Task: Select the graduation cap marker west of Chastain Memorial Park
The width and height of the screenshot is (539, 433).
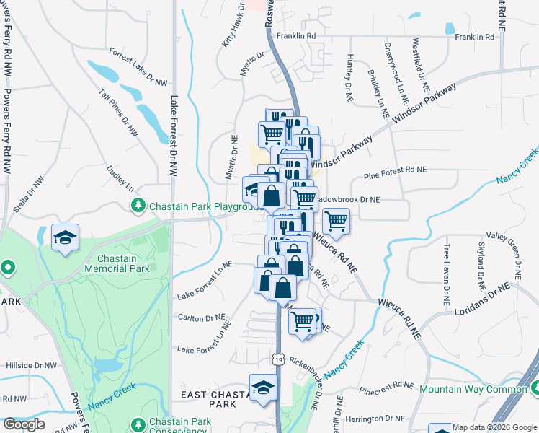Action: click(65, 237)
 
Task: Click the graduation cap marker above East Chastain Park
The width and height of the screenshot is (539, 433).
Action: click(263, 388)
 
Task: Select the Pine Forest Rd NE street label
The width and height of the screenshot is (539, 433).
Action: click(396, 170)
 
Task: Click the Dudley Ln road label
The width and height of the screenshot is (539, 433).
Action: click(120, 176)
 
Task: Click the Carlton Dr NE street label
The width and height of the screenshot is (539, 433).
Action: click(202, 318)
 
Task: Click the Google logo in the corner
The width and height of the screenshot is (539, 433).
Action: click(24, 424)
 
